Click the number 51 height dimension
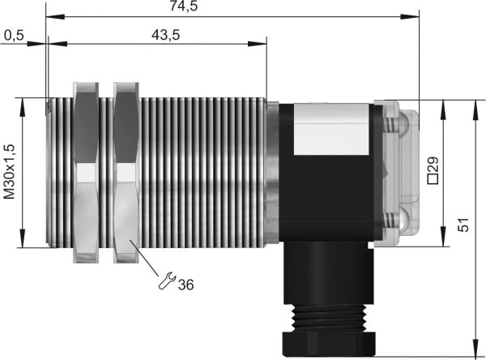pyautogui.click(x=463, y=225)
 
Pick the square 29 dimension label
pyautogui.click(x=432, y=172)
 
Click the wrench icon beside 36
pyautogui.click(x=167, y=281)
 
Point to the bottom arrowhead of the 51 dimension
pyautogui.click(x=473, y=349)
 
